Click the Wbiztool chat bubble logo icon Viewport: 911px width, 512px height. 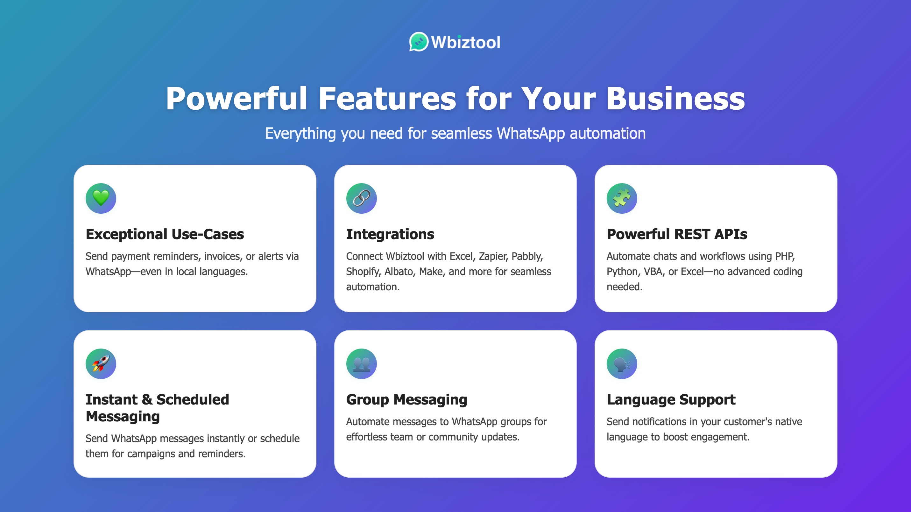pos(419,42)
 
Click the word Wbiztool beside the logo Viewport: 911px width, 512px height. pos(465,42)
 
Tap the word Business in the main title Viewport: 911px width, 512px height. pos(675,99)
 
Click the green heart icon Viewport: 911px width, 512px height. pos(101,198)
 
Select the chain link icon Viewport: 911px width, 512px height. pos(361,198)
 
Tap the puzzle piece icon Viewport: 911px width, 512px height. pos(622,198)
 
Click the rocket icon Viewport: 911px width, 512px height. pos(101,363)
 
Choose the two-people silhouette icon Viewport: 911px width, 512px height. pos(361,363)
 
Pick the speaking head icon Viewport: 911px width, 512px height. pos(622,363)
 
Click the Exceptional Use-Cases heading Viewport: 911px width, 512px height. pos(165,234)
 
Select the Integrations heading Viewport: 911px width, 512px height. pos(390,234)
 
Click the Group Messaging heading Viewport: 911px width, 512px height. pos(406,400)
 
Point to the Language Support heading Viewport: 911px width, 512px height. pos(671,400)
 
